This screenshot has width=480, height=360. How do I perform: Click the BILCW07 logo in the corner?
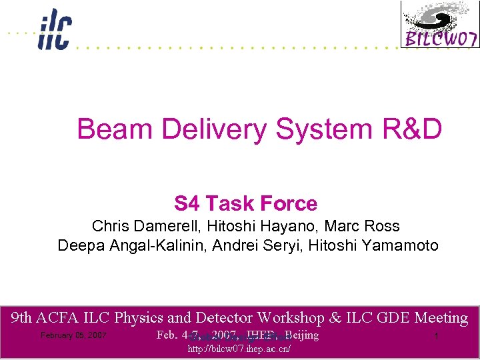(x=439, y=25)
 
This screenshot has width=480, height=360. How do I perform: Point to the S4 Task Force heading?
(x=245, y=203)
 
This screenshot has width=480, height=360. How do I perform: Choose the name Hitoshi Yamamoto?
(x=369, y=245)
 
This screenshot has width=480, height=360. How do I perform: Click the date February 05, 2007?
(x=73, y=335)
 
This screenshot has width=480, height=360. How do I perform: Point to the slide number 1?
(x=435, y=337)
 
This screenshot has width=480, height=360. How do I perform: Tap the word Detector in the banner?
(x=222, y=318)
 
